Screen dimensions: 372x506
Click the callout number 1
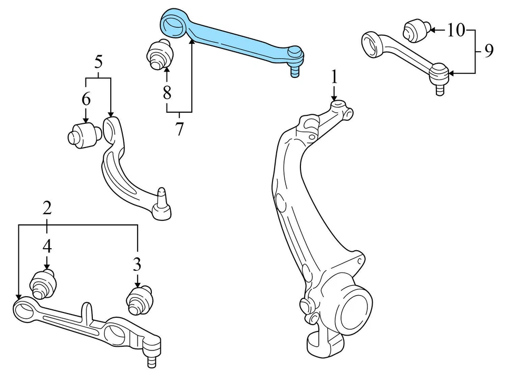(x=334, y=77)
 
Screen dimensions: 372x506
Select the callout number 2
(x=47, y=208)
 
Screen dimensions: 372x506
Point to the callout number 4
(x=47, y=246)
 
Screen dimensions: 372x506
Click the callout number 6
(x=85, y=99)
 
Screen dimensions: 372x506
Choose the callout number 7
(x=179, y=129)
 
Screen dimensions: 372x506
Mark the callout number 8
(x=167, y=93)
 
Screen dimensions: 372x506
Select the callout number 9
(x=488, y=51)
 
